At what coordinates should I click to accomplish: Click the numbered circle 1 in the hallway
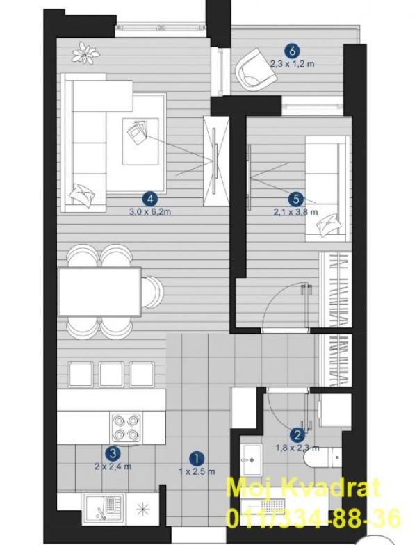point(198,458)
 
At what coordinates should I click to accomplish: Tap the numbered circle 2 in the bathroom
point(297,436)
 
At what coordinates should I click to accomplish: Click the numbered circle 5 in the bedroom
point(295,198)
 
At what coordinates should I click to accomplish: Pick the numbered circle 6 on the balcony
point(292,51)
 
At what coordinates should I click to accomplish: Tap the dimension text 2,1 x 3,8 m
point(295,212)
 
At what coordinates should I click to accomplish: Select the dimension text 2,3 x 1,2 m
point(292,64)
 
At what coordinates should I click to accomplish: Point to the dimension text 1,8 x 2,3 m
point(297,448)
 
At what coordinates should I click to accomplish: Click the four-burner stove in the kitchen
point(126,427)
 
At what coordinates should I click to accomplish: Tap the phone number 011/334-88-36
point(312,518)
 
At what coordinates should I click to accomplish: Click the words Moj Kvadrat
point(304,488)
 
